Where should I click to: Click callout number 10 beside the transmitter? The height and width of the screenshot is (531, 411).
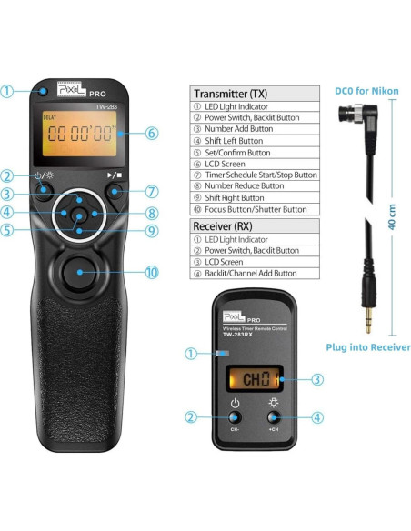[x=151, y=271]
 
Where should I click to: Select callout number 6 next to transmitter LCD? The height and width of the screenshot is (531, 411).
[x=151, y=133]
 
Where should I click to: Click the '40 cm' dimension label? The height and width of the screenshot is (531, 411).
[x=391, y=224]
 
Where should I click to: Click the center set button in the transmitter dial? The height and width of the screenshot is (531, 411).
[x=80, y=215]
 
